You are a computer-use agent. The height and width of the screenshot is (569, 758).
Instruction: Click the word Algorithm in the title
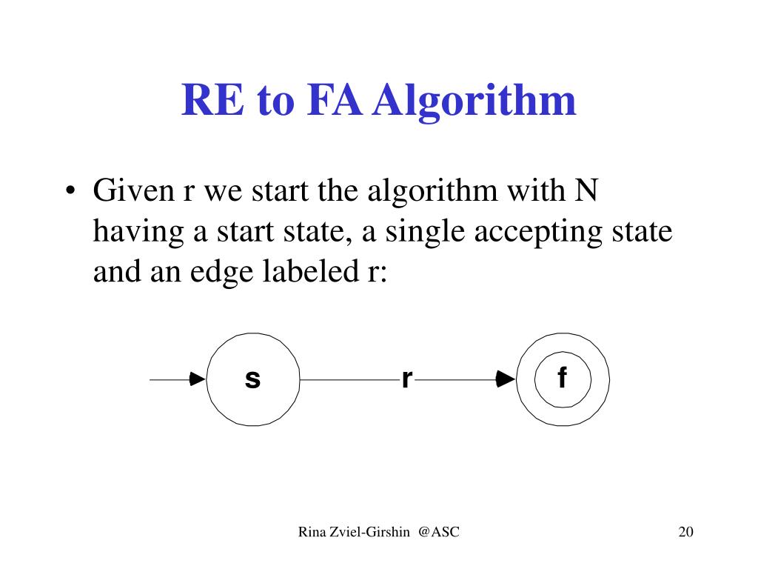pos(474,102)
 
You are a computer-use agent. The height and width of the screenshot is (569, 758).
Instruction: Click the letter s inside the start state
pos(252,379)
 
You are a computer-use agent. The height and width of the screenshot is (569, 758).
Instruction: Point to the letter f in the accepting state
pos(562,379)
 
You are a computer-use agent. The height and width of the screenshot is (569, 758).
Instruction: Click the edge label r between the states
pos(406,379)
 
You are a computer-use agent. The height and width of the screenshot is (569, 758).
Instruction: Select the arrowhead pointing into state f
pos(506,379)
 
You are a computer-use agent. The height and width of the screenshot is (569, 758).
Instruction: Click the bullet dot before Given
pos(70,194)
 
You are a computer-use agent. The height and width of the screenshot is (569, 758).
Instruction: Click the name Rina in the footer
pos(312,531)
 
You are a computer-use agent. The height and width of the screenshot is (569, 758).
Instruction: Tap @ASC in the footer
pos(438,531)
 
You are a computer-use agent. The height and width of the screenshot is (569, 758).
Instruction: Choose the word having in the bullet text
pos(138,233)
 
